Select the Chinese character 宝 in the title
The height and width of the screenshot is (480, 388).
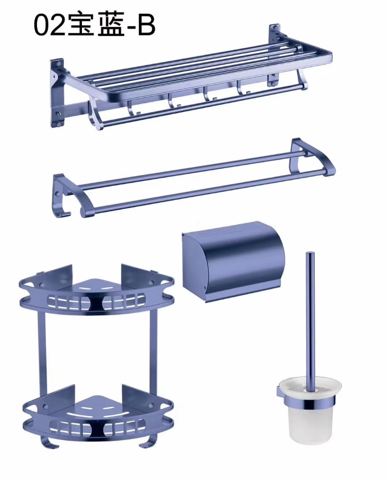tap(80, 25)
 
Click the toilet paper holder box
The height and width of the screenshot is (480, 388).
tap(233, 261)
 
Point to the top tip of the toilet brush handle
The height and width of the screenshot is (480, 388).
tap(310, 253)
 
